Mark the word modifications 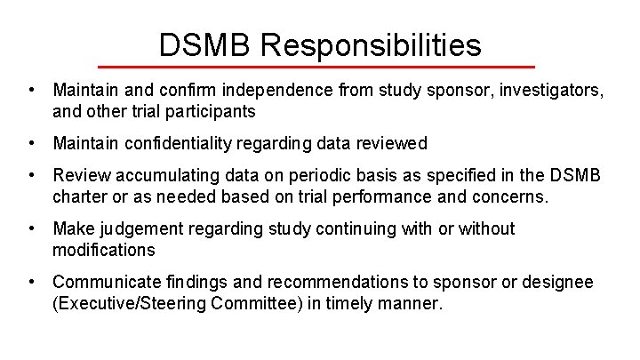(104, 250)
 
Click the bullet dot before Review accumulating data (32, 176)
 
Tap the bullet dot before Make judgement (32, 229)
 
